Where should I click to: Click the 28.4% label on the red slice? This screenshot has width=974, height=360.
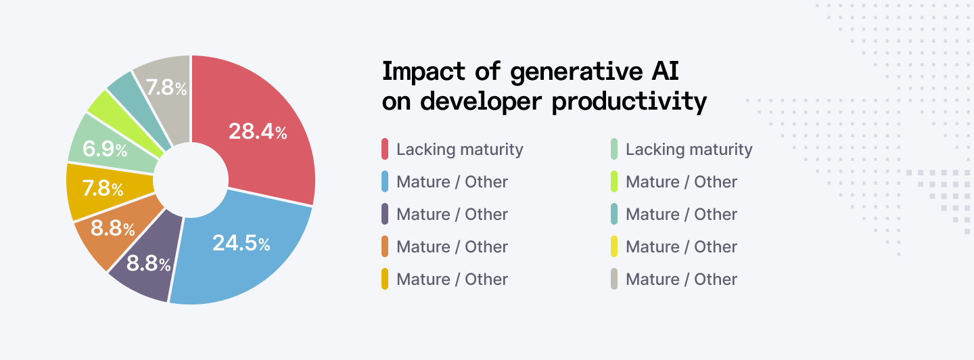(258, 131)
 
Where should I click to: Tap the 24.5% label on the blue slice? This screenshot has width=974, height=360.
(241, 243)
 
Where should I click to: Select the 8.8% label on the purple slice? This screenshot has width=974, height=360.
(149, 263)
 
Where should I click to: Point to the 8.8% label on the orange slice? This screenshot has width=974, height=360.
(113, 229)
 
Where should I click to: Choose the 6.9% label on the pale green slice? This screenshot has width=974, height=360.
(105, 149)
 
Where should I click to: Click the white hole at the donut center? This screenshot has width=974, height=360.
(190, 180)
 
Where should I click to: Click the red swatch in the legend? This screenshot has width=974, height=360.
(385, 149)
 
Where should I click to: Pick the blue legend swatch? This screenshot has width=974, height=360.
(385, 181)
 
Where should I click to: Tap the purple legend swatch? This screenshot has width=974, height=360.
(385, 214)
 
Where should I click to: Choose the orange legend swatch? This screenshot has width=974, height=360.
(385, 246)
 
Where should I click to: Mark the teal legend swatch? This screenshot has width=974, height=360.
(614, 214)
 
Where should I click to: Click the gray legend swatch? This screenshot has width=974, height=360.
(614, 279)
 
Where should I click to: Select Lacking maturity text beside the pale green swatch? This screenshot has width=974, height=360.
(689, 149)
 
